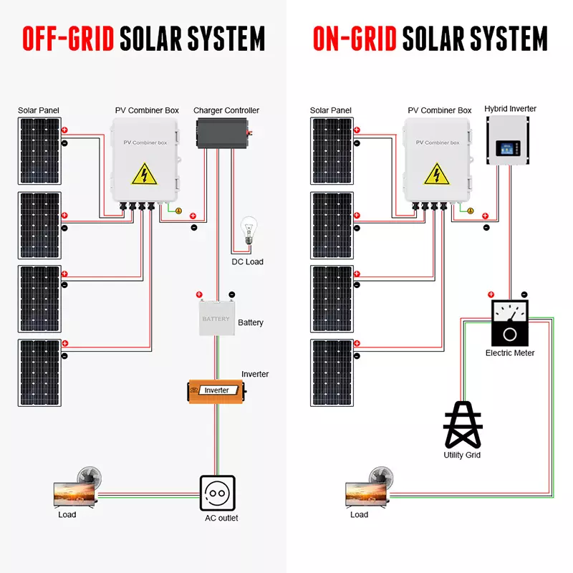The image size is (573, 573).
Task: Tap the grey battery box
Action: pyautogui.click(x=216, y=319)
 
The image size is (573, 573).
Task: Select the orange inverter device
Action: pyautogui.click(x=216, y=390)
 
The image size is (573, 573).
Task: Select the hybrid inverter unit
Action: pyautogui.click(x=509, y=140)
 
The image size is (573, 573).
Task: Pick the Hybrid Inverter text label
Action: pyautogui.click(x=510, y=109)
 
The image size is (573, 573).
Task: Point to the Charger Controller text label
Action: pyautogui.click(x=226, y=110)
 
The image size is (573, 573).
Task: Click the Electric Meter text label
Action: pyautogui.click(x=510, y=353)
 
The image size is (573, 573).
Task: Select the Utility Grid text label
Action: pyautogui.click(x=462, y=455)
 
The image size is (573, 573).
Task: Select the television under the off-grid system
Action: pyautogui.click(x=74, y=492)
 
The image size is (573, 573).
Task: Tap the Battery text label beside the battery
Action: pyautogui.click(x=251, y=323)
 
